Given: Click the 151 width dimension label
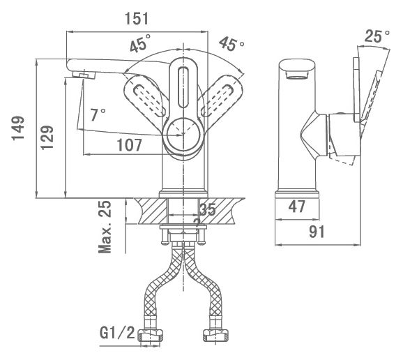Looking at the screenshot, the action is (137, 19).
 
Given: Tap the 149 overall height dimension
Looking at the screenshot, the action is (18, 128).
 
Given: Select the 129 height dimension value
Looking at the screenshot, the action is (47, 137).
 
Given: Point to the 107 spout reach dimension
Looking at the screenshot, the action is (129, 145).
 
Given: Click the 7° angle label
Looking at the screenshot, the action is (98, 114).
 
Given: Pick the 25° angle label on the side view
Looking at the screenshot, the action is (377, 36).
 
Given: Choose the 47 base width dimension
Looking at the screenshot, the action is (297, 207).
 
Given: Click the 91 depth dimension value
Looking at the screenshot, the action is (317, 232).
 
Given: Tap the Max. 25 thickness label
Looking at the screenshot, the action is (105, 227).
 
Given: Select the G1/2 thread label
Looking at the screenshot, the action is (117, 333).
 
